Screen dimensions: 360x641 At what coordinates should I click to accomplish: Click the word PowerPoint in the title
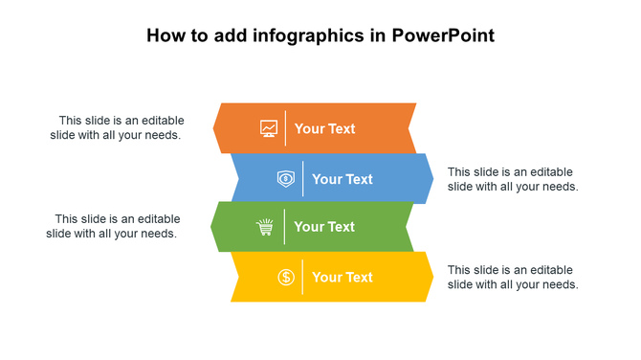tap(444, 36)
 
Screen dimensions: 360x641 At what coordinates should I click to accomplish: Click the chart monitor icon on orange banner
tap(269, 128)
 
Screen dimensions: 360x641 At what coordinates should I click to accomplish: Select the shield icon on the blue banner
tap(286, 178)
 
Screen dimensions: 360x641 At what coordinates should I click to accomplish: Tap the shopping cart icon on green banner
tap(265, 227)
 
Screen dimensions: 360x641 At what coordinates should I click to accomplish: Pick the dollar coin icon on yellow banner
tap(286, 277)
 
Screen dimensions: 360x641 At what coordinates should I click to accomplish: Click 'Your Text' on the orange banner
tap(324, 128)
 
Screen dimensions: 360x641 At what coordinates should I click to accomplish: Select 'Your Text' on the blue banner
tap(342, 178)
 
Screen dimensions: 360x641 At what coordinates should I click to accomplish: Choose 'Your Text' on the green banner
tap(324, 227)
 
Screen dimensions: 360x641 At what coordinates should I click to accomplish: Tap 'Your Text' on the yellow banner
tap(342, 277)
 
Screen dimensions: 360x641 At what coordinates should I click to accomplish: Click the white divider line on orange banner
tap(286, 128)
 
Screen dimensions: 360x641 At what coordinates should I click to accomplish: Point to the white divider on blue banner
tap(303, 178)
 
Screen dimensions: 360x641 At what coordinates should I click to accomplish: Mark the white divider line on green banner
tap(286, 227)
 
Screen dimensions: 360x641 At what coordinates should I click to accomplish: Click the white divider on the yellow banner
tap(303, 277)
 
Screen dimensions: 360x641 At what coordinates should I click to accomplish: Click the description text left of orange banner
tap(117, 127)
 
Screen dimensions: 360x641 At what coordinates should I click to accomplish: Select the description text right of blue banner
tap(513, 179)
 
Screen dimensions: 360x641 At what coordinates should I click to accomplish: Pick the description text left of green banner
tap(113, 226)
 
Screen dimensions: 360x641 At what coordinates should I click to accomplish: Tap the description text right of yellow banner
tap(513, 277)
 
